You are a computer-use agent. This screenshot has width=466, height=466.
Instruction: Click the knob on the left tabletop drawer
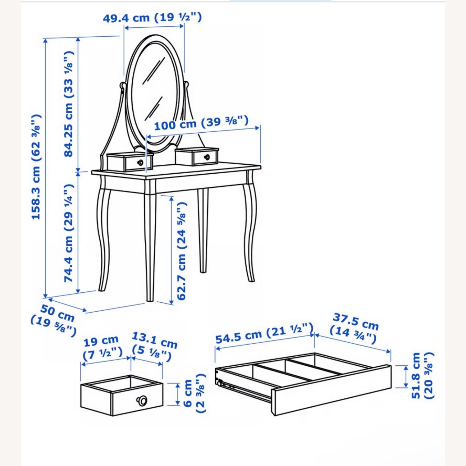(x=140, y=162)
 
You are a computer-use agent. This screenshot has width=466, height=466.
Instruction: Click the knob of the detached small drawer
(x=143, y=401)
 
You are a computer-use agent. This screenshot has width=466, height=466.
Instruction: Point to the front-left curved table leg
(x=104, y=239)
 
